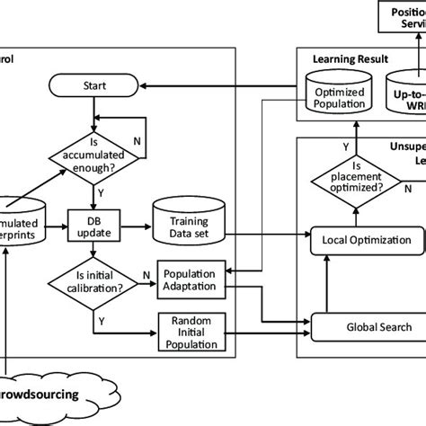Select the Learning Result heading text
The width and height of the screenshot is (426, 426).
click(x=351, y=58)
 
